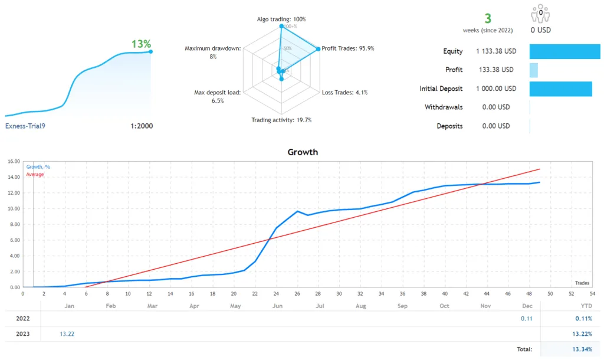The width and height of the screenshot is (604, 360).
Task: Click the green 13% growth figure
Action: [x=141, y=44]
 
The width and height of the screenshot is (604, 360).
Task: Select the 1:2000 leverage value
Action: [x=141, y=126]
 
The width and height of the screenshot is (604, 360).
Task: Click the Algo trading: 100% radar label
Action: [x=281, y=19]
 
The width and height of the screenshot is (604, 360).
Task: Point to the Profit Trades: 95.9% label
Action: [x=348, y=48]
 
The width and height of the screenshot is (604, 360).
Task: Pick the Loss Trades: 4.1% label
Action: [x=345, y=92]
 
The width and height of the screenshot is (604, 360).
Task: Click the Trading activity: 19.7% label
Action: [x=281, y=120]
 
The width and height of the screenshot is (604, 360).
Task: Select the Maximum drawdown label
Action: [x=212, y=48]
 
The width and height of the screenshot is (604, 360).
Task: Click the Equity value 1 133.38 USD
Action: [x=496, y=51]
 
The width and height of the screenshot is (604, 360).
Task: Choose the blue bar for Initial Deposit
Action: [x=560, y=89]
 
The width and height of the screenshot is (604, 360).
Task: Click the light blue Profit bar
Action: [x=533, y=70]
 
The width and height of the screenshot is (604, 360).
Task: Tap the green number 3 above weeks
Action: [x=488, y=19]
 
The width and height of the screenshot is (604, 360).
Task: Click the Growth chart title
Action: [x=302, y=152]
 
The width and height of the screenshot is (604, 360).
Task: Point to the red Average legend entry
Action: [x=35, y=174]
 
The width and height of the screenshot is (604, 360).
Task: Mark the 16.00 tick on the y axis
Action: [x=14, y=161]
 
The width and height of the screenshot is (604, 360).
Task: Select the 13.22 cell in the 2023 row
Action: [x=67, y=334]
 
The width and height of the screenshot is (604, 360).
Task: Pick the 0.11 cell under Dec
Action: [x=526, y=319]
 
